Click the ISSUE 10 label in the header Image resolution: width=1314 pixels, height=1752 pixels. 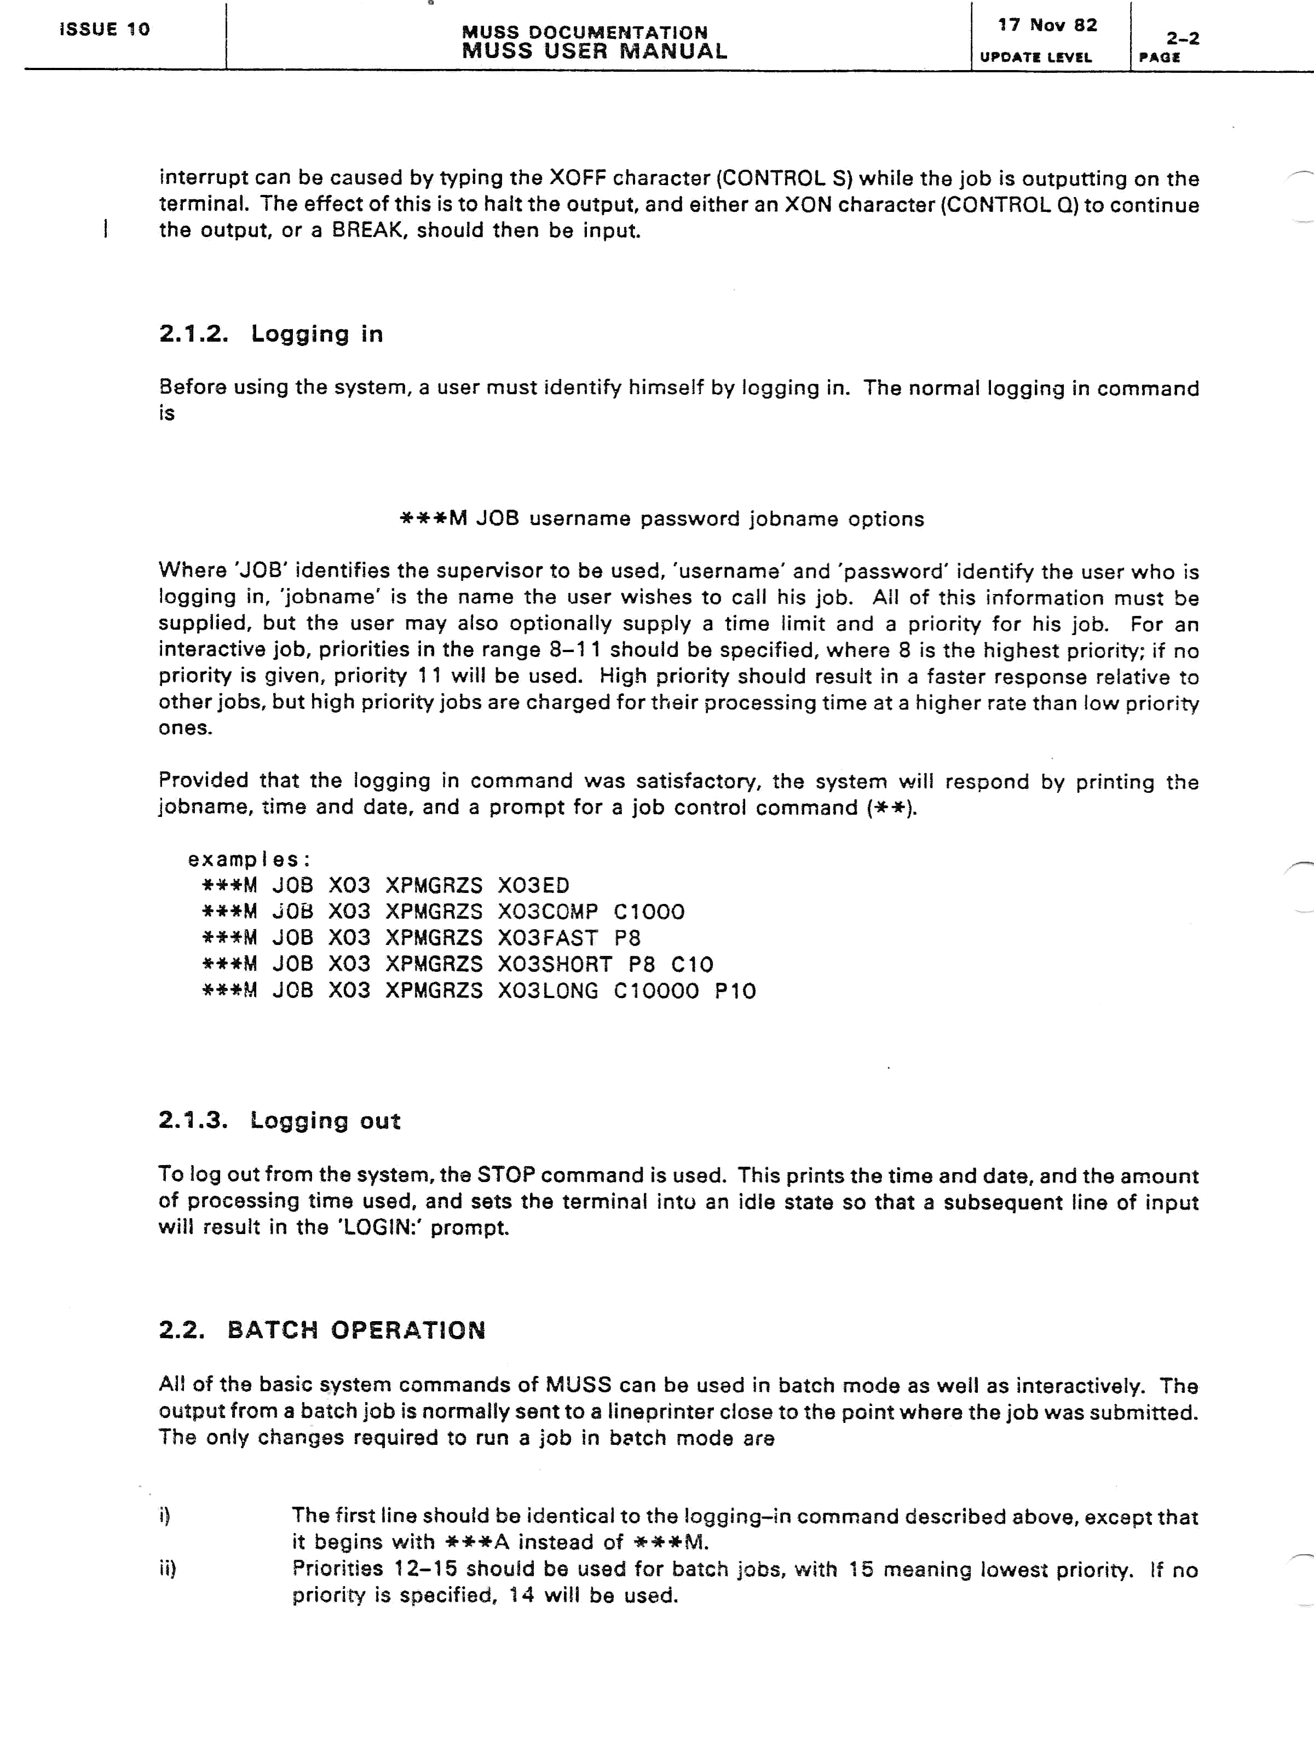105,30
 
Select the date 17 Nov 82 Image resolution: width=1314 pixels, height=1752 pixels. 1047,25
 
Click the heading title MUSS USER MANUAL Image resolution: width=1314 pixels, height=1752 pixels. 594,51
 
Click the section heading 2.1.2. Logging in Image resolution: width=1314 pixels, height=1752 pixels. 271,334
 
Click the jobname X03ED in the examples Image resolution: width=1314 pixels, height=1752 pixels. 533,885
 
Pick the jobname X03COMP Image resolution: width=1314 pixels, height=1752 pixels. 547,912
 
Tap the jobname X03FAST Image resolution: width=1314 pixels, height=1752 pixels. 547,938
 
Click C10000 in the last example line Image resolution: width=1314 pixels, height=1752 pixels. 656,991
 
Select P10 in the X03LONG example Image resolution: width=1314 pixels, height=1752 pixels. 735,991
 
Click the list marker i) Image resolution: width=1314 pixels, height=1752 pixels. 165,1516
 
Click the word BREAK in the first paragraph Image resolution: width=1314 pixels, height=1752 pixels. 367,230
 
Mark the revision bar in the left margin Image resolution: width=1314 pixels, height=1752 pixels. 105,230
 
